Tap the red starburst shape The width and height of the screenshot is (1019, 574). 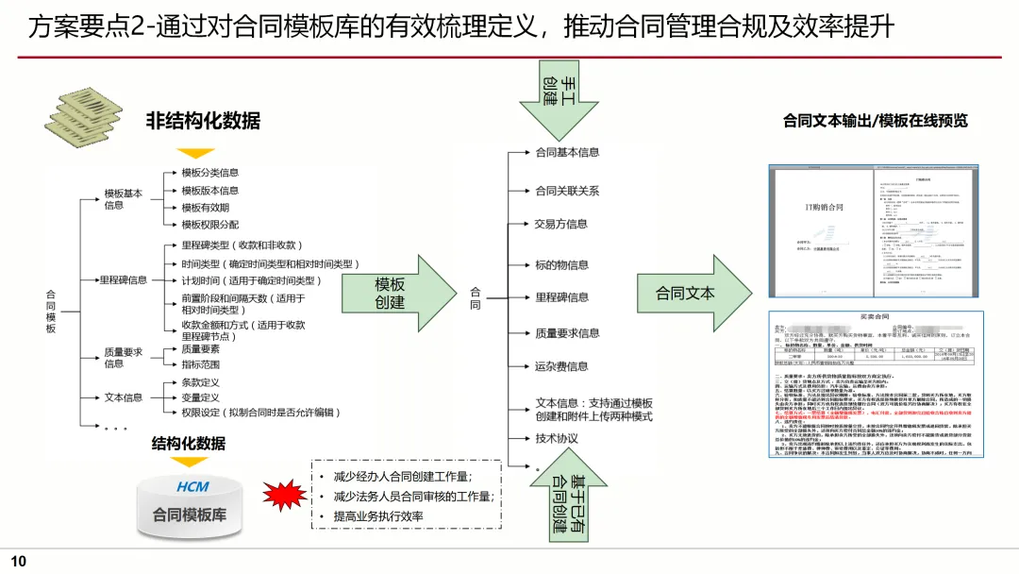point(283,495)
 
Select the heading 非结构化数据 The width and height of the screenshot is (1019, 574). point(202,121)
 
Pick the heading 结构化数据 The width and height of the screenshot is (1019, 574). point(189,443)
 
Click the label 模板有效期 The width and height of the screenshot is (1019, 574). point(205,208)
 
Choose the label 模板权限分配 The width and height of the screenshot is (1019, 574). point(209,225)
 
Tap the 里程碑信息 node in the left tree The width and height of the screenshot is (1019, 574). point(124,279)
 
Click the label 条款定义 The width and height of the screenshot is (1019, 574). point(200,382)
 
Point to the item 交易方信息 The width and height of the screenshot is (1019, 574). point(560,224)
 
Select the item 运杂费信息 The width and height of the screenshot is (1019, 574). point(561,366)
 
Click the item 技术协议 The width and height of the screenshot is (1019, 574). point(557,438)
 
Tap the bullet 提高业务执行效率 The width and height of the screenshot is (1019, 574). point(378,516)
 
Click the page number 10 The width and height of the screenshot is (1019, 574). point(19,562)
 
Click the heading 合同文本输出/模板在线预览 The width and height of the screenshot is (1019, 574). point(875,121)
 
